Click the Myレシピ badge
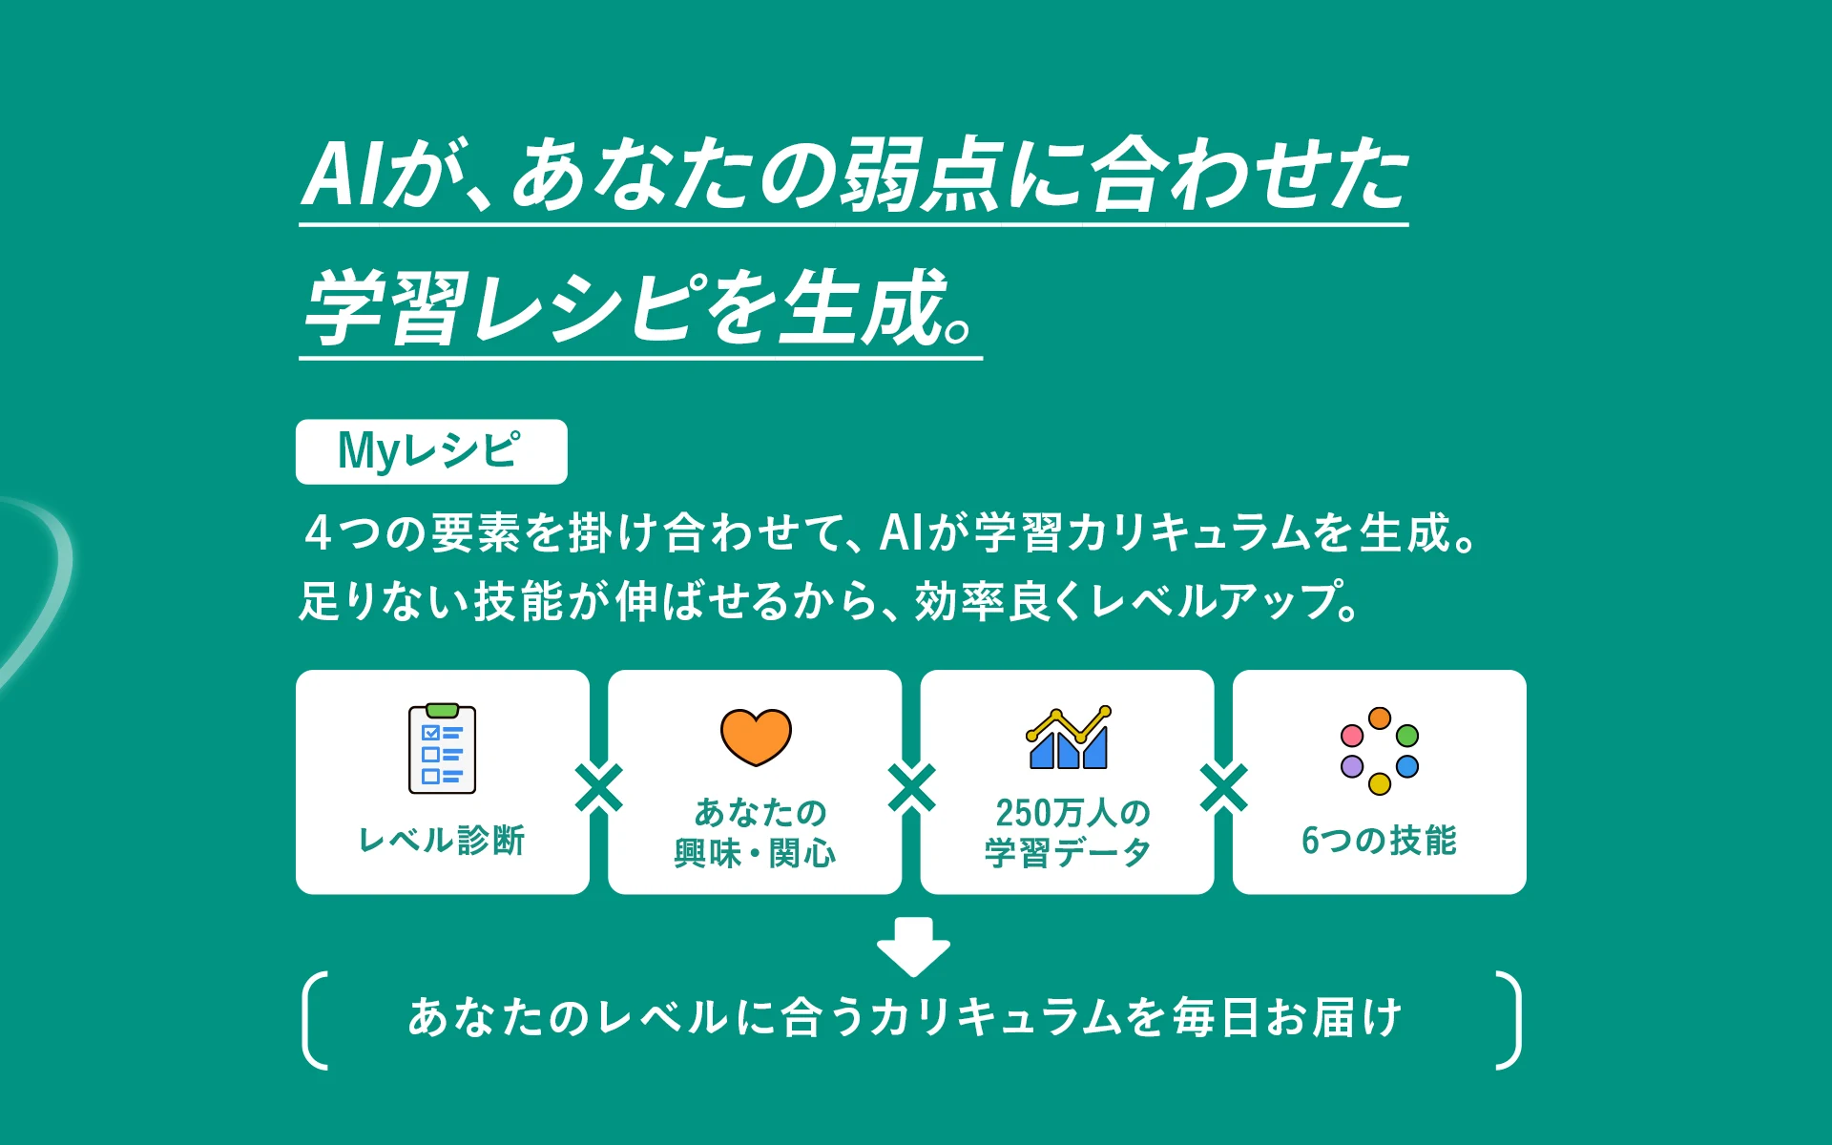click(431, 451)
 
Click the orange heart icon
click(756, 737)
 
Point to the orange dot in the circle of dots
click(1380, 718)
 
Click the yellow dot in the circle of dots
click(1380, 784)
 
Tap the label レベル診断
click(442, 840)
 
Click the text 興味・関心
click(755, 852)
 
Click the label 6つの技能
click(1379, 840)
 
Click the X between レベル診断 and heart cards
click(599, 788)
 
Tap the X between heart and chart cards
click(912, 788)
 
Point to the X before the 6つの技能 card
click(1224, 788)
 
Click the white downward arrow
click(913, 947)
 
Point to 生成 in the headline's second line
click(864, 306)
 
